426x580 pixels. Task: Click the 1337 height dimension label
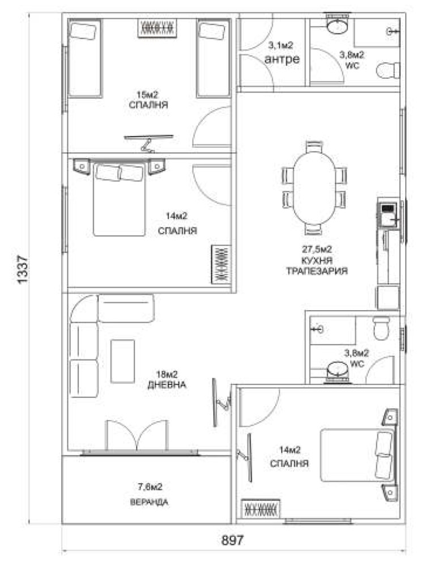click(x=23, y=269)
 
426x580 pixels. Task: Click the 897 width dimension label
click(x=232, y=540)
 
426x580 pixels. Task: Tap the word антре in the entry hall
click(x=282, y=59)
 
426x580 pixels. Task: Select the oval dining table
click(x=314, y=188)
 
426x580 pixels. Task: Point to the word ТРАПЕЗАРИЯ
click(x=317, y=271)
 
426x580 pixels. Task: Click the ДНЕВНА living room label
click(x=167, y=385)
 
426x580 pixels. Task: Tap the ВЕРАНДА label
click(x=149, y=502)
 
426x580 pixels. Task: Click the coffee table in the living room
click(x=123, y=361)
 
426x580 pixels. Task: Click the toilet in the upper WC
click(x=388, y=70)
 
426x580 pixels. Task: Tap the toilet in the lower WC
click(x=381, y=327)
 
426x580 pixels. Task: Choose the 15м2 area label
click(x=147, y=95)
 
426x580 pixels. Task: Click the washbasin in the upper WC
click(x=337, y=27)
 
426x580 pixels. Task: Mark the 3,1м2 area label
click(x=280, y=46)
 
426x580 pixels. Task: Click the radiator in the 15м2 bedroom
click(x=157, y=28)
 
